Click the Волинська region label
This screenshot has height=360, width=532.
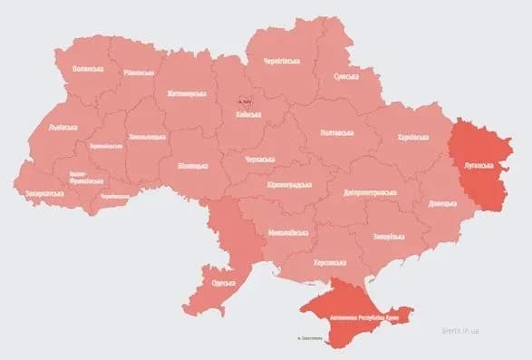(x=88, y=69)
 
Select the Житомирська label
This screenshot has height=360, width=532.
(x=185, y=93)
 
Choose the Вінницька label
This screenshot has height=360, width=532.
(x=192, y=166)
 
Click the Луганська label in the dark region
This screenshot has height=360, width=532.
(x=477, y=166)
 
